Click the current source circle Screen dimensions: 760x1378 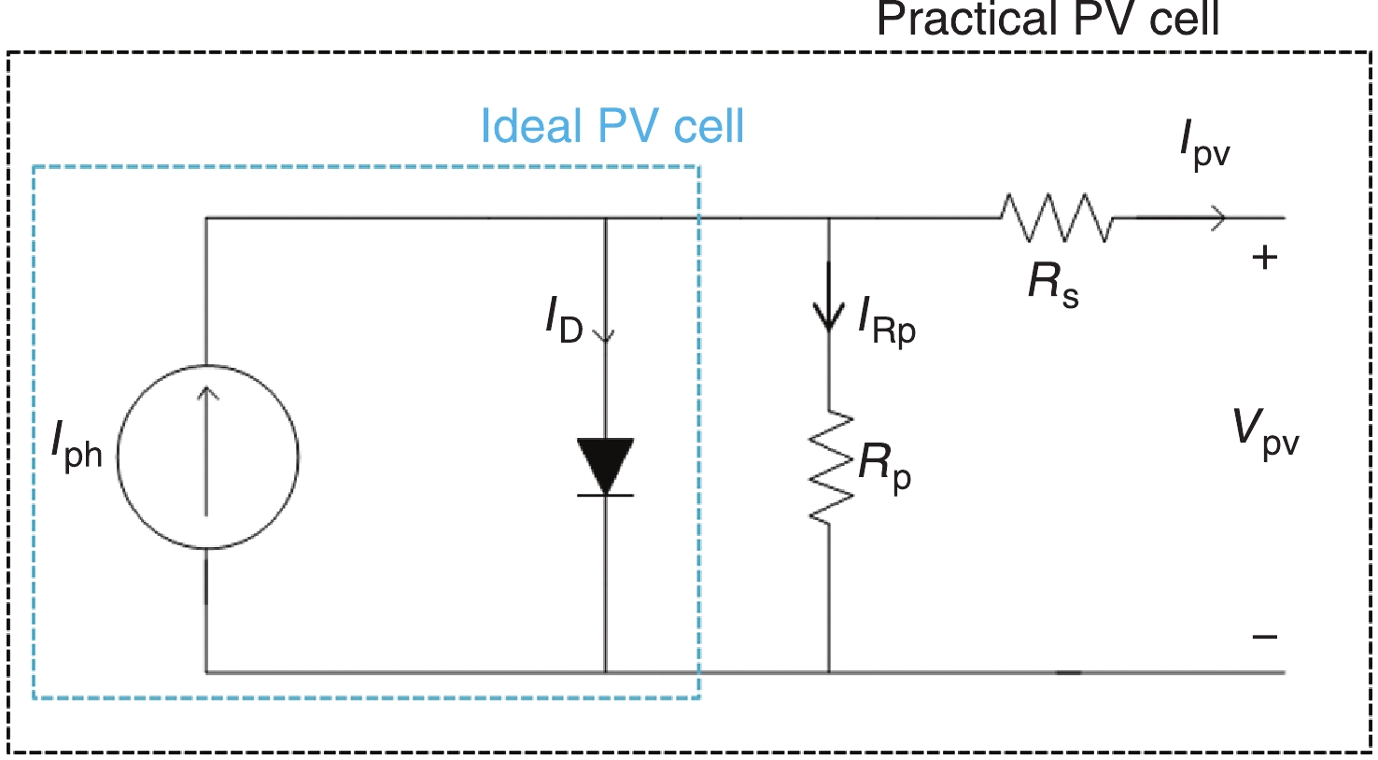pos(207,457)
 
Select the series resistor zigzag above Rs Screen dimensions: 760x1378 pos(1057,218)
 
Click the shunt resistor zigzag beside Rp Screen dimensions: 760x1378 pos(829,467)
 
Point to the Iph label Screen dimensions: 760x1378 pos(77,446)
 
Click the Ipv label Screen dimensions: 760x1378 pos(1204,146)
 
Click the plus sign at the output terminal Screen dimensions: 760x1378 pos(1264,258)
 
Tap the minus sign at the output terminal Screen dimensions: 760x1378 pos(1265,638)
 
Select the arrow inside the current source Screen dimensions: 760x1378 pos(207,448)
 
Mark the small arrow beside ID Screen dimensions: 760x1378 pos(605,331)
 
